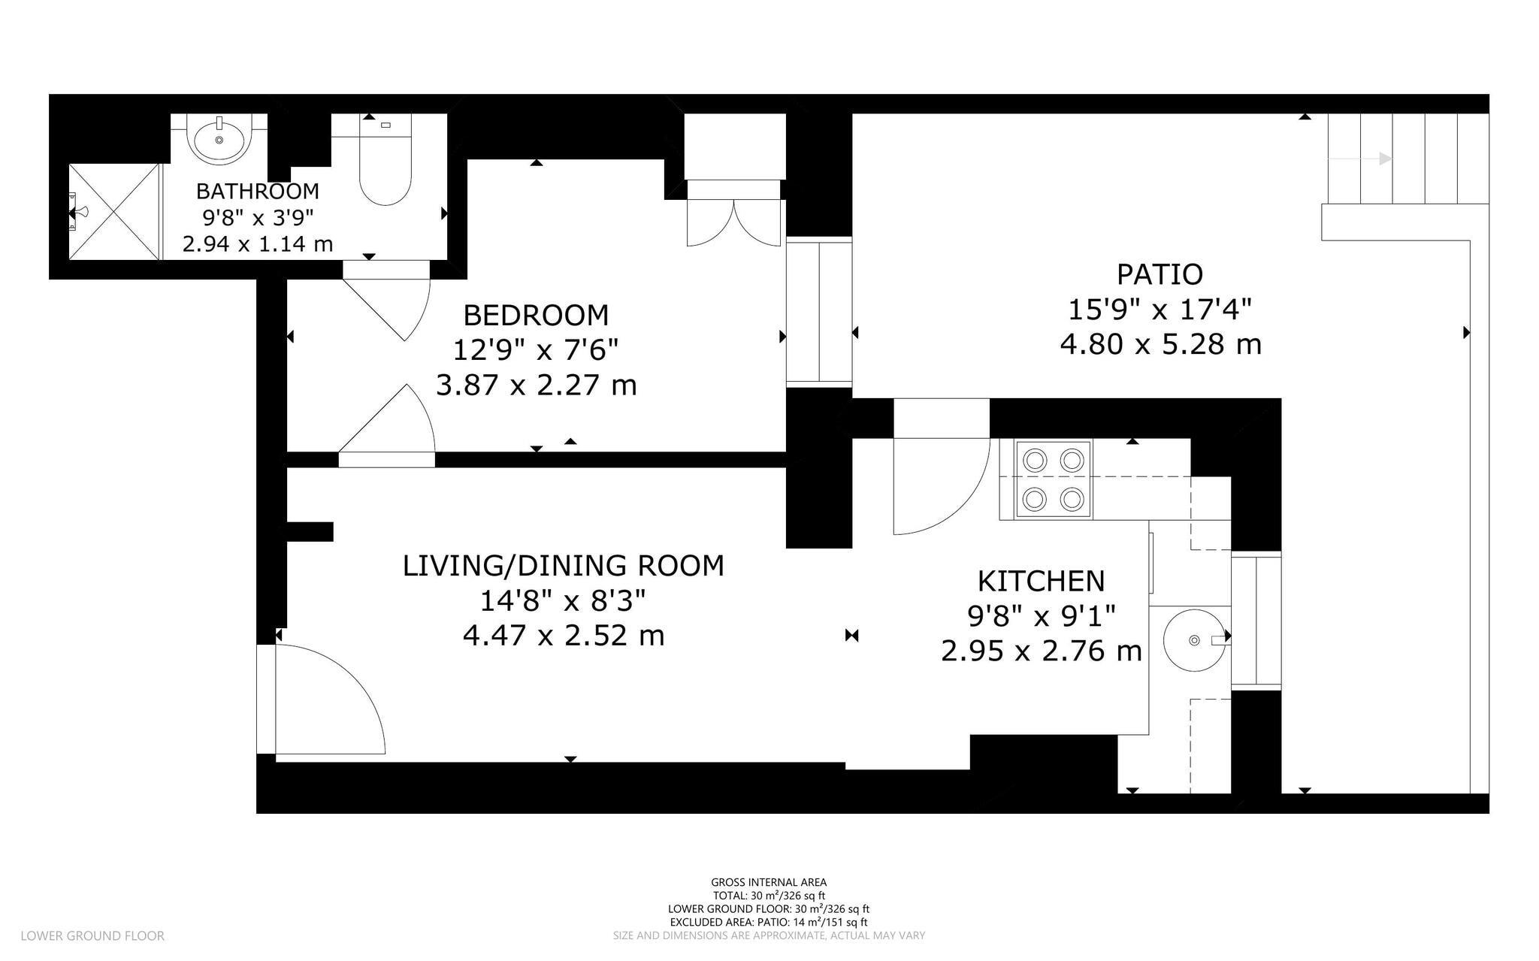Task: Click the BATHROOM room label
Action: (257, 191)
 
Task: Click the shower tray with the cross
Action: (114, 212)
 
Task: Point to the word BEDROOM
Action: (536, 315)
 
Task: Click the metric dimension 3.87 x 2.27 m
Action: (536, 385)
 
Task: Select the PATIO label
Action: (1160, 274)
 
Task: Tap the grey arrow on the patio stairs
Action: (1360, 159)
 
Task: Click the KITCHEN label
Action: (1041, 581)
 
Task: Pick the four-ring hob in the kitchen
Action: (1054, 479)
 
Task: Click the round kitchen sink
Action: (1194, 640)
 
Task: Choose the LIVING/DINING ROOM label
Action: (564, 566)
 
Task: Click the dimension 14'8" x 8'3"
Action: (564, 601)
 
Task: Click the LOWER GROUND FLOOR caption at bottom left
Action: (92, 935)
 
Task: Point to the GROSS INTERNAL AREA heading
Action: (769, 882)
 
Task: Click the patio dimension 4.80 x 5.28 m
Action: (1160, 344)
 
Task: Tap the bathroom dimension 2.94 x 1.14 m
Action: (258, 244)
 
